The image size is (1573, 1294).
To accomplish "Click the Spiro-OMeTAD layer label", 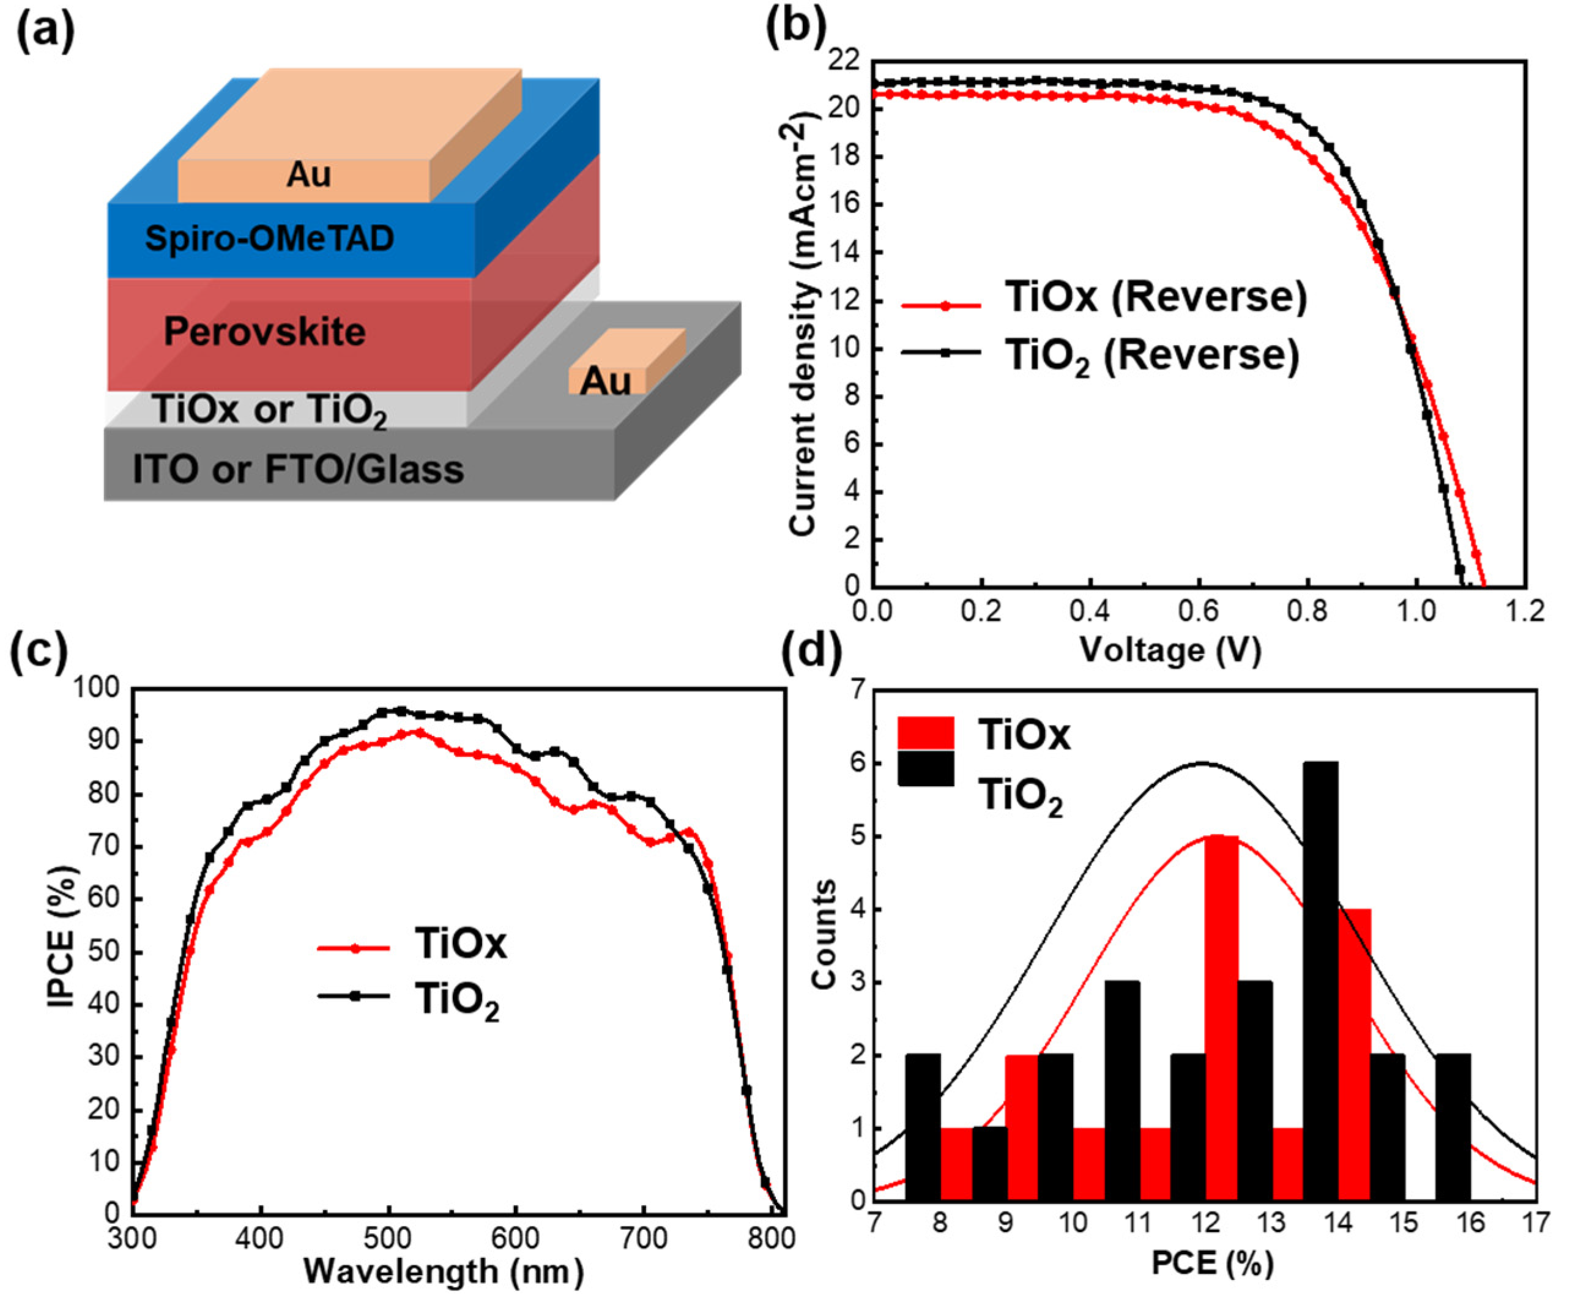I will tap(269, 239).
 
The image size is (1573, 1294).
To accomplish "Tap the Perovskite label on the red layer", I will tap(265, 332).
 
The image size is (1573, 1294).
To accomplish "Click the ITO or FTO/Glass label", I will tap(298, 470).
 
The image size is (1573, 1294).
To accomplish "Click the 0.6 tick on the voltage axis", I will tap(1198, 612).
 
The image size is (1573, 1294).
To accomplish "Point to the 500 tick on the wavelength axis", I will tap(388, 1238).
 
